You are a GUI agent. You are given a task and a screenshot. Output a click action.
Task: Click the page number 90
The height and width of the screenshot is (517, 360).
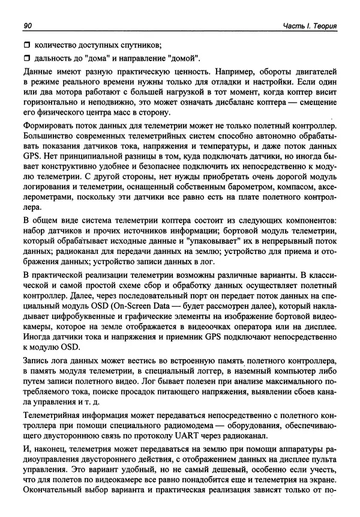(27, 26)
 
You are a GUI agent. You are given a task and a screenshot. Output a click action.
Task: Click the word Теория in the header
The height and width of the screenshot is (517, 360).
(325, 26)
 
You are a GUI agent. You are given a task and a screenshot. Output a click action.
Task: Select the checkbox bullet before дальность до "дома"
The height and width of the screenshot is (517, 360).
(26, 59)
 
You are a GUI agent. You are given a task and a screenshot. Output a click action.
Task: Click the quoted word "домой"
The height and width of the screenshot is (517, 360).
(184, 59)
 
